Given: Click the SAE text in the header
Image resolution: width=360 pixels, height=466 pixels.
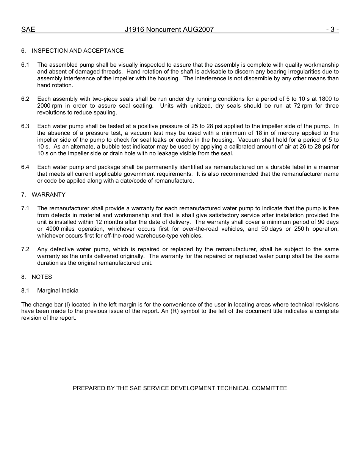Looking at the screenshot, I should (x=28, y=30).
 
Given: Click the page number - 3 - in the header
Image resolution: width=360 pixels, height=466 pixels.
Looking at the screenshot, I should (x=332, y=30).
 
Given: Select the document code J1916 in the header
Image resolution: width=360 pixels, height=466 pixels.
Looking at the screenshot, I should (x=135, y=30).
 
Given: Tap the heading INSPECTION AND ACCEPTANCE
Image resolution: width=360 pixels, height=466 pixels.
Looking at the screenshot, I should (x=77, y=51).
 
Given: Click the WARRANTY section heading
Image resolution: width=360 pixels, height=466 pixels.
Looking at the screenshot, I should (x=49, y=195).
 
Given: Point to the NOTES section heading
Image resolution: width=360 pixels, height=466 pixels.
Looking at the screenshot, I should (x=42, y=277).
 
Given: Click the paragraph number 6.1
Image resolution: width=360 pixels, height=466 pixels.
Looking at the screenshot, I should (x=25, y=65).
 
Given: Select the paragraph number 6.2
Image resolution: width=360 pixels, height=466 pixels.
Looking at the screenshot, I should (x=25, y=99).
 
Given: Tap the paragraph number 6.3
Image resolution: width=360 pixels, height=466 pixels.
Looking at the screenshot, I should (x=25, y=126).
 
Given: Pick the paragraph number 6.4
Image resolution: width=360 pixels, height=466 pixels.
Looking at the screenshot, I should (x=25, y=167).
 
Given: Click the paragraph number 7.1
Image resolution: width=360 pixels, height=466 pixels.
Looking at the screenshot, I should (x=25, y=208).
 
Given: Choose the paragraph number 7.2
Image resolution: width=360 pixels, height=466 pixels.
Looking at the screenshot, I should (x=25, y=249).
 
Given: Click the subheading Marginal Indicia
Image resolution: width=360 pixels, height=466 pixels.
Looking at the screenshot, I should (x=58, y=291).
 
